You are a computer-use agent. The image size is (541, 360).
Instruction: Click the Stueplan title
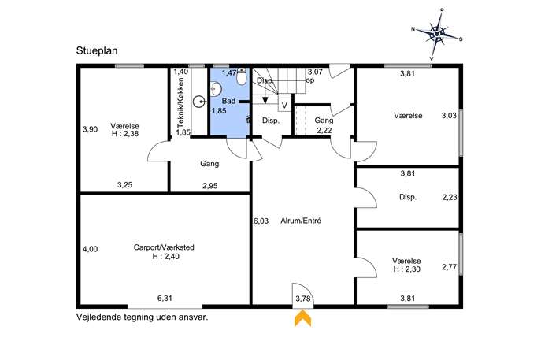pos(97,51)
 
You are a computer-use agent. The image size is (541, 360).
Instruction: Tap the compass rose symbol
pos(437,34)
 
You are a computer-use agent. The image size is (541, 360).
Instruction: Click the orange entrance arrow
pos(302,318)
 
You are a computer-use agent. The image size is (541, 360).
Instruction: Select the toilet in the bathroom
pos(242,76)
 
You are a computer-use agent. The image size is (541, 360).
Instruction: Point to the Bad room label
pos(228,101)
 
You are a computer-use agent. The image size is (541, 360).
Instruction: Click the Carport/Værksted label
pos(164,247)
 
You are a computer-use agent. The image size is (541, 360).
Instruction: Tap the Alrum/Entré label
pos(301,221)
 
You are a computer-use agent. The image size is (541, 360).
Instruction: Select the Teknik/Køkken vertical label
pos(180,102)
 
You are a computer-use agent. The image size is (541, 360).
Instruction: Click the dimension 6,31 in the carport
pos(165,299)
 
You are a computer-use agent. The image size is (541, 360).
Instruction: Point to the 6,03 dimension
pos(261,221)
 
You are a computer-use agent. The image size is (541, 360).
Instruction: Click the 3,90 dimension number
pos(90,129)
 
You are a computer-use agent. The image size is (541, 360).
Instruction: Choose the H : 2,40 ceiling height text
pos(165,257)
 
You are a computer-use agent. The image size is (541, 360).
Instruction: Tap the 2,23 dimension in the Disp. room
pos(450,197)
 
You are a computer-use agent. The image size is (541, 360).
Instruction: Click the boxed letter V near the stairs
pos(284,106)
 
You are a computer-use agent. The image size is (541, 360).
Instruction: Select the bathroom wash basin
pos(215,89)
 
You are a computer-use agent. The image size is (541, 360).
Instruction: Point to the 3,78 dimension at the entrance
pos(303,299)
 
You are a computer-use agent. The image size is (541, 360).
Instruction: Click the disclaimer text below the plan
pos(143,317)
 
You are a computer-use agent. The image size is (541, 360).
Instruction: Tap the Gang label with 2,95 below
pos(209,164)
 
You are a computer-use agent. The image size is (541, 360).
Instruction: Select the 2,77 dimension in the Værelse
pos(450,267)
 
